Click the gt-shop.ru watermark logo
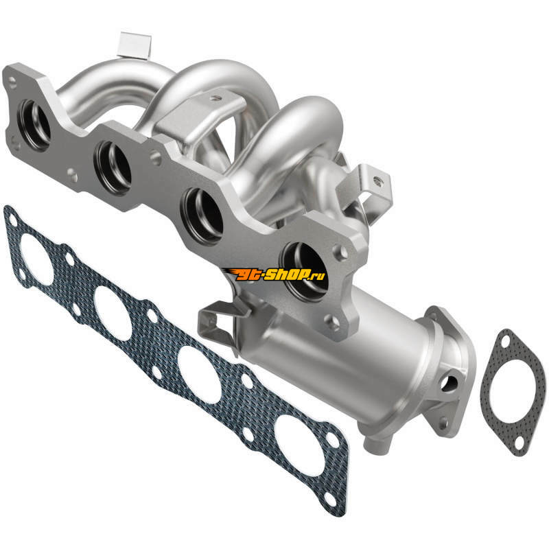[274, 275]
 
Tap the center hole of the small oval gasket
[513, 391]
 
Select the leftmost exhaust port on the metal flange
[35, 125]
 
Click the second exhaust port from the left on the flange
[113, 167]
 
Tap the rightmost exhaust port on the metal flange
[304, 271]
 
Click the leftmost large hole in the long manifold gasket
[37, 259]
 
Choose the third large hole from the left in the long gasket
[199, 375]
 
